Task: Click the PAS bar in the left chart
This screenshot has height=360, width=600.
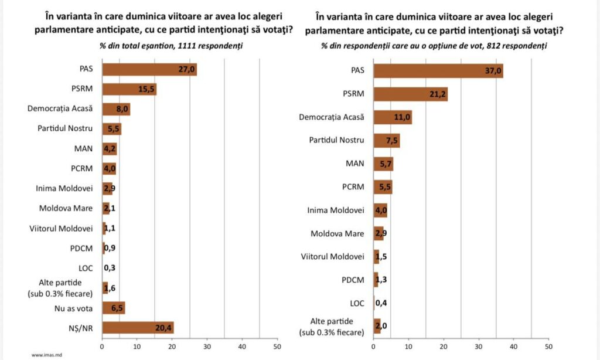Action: coord(149,70)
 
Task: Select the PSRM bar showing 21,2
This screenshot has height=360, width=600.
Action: coord(410,94)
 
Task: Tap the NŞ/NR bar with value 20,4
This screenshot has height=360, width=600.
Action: coord(138,327)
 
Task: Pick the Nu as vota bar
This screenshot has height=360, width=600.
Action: coord(114,308)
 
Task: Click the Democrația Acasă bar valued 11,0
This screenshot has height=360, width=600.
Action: coord(393,117)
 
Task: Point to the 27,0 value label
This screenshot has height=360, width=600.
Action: coord(187,70)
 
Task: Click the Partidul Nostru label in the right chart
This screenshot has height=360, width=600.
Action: coord(336,140)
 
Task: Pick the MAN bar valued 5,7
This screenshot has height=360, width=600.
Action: coord(383,164)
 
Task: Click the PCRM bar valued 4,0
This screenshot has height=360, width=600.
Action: coord(109,169)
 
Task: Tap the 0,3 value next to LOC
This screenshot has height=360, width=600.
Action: coord(110,268)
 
